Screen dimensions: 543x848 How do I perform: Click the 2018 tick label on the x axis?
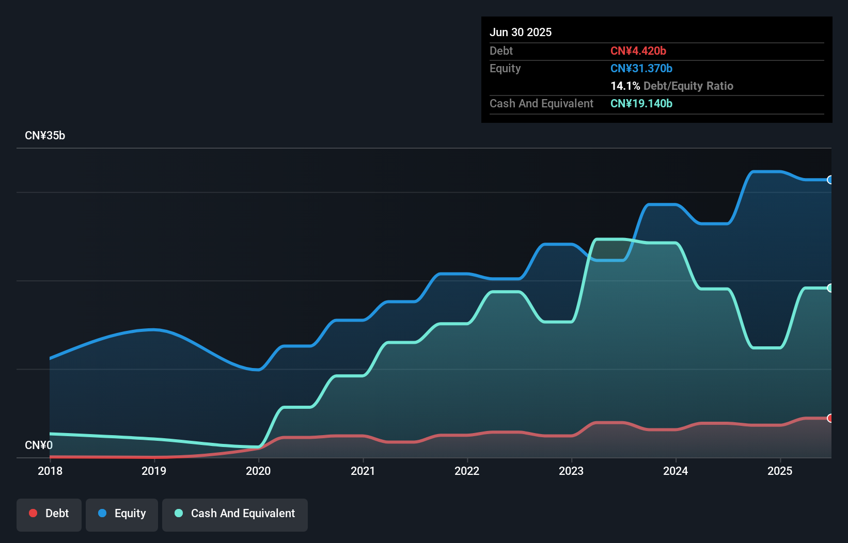pos(50,471)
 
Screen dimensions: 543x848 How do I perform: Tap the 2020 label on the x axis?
pos(258,471)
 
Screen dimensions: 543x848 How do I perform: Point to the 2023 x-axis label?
pos(571,471)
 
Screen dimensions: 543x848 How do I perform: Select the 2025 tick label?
pos(780,471)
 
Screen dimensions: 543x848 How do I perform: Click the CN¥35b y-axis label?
pos(45,136)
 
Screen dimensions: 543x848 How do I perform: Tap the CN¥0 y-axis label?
pos(39,445)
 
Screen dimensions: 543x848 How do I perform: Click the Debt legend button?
pos(49,514)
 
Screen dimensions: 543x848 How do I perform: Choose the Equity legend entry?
pos(122,514)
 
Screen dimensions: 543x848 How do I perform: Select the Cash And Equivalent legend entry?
pos(235,514)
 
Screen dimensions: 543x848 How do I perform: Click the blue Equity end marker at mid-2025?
pos(830,180)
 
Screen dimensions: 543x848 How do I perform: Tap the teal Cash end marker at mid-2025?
pos(830,288)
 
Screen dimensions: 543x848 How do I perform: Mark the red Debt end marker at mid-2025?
pos(830,418)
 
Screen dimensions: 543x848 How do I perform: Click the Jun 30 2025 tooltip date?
pos(521,32)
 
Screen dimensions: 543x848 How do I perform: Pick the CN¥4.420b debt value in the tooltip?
pos(638,51)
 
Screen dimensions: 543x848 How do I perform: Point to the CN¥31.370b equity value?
pos(641,68)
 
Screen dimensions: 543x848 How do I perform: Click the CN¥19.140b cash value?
pos(641,103)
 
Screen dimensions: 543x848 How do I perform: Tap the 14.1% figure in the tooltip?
pos(625,86)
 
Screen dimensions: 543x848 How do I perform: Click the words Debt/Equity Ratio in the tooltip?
pos(688,86)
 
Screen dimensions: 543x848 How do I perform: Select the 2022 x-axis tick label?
pos(467,471)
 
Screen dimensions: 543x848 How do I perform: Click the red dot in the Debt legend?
pos(33,513)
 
